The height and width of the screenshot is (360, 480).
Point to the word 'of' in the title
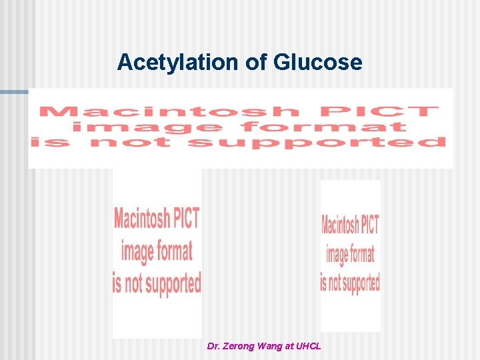click(256, 62)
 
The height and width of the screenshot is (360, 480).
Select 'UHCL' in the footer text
click(309, 347)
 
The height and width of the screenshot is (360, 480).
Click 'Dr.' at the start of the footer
click(213, 347)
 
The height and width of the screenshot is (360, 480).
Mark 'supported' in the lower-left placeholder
click(173, 283)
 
